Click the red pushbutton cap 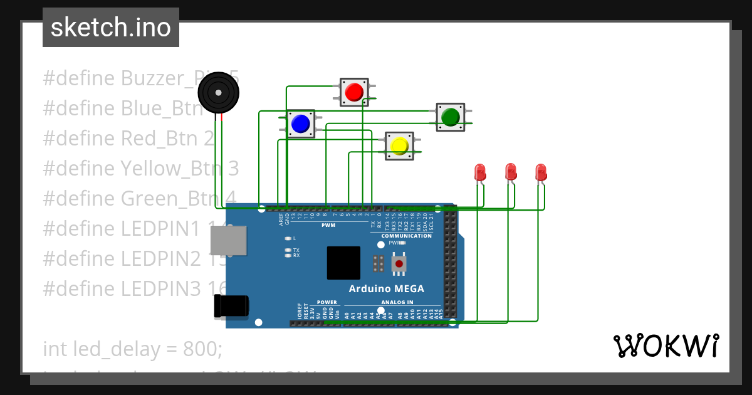coord(354,92)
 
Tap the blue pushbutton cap coord(301,124)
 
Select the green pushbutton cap coord(450,117)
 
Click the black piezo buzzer coord(218,94)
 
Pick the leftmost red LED coord(480,172)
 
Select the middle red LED coord(511,171)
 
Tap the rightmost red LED coord(541,172)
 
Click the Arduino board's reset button coord(399,264)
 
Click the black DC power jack coord(231,306)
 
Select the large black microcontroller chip coord(343,263)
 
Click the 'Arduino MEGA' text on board coord(386,289)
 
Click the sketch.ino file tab coord(111,28)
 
